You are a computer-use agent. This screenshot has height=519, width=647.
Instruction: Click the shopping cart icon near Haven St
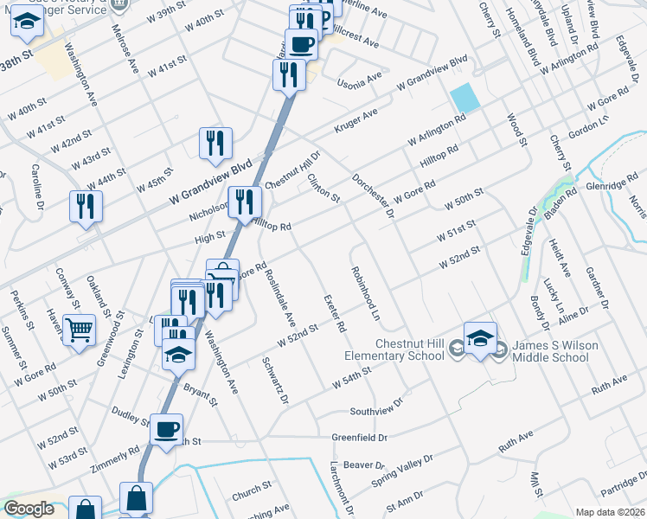pos(79,329)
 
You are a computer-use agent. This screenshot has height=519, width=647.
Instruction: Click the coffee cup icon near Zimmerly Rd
pos(166,428)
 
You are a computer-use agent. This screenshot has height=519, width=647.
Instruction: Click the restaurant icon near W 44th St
pos(86,206)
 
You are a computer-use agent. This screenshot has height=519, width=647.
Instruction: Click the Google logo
pos(29,509)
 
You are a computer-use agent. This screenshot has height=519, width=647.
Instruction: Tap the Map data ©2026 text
pos(609,512)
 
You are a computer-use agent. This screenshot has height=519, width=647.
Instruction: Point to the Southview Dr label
pos(376,407)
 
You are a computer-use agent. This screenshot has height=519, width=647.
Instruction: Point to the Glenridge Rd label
pos(612,179)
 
